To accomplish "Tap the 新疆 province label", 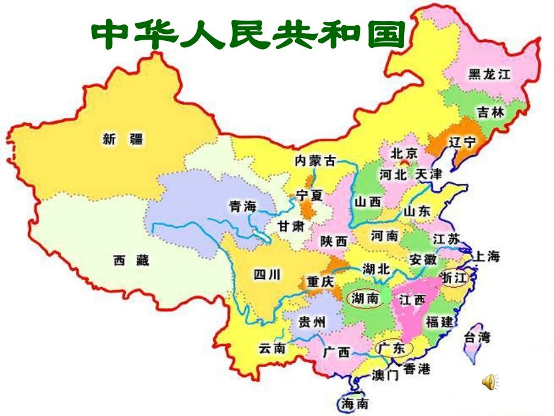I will tap(122, 139).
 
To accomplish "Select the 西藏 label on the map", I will tap(131, 261).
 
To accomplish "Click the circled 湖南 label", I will tap(364, 299).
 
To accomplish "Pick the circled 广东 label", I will tap(391, 348).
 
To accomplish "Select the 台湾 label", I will tap(476, 337).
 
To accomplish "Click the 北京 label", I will tap(404, 153).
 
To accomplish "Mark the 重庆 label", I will tap(320, 282).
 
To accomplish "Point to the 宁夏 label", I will tap(309, 195).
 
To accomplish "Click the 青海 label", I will tap(243, 205).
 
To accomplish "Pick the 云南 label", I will tap(272, 348).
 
